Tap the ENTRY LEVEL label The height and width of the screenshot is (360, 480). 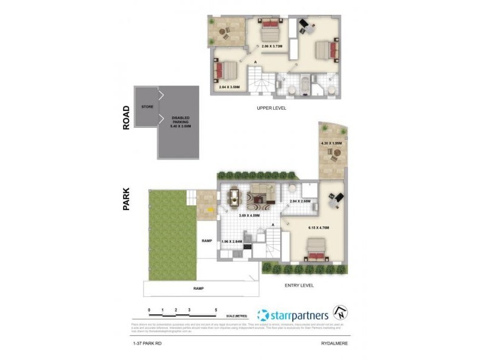point(299,286)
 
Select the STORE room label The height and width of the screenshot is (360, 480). point(147,107)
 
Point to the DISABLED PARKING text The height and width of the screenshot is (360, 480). point(180,122)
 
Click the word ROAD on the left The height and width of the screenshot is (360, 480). point(126,118)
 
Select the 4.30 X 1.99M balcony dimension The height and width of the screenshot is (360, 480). point(331,143)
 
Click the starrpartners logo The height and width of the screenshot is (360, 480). point(292,315)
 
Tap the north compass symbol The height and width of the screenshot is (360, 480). point(340,314)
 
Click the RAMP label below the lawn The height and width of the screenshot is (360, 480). point(198,288)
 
